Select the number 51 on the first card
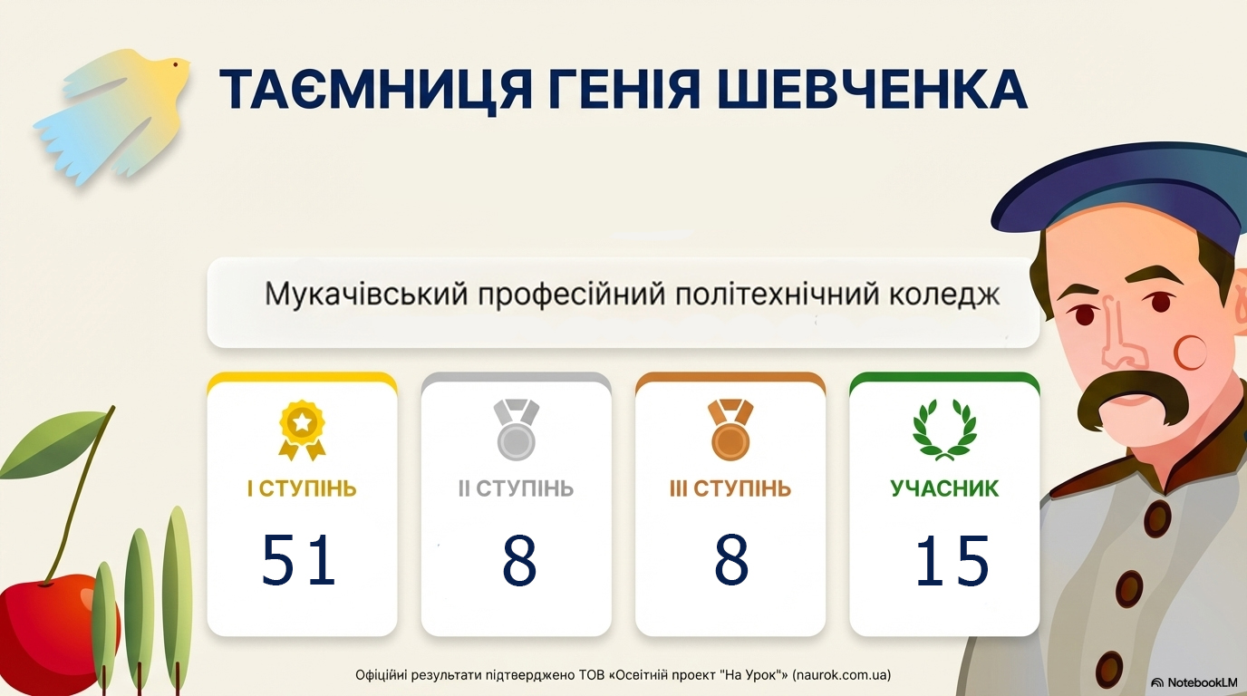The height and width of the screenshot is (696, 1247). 299,559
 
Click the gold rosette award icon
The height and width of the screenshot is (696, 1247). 302,430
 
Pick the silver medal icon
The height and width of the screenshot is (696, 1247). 516,430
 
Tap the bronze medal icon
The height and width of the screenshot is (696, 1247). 730,430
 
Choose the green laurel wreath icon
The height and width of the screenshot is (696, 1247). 944,430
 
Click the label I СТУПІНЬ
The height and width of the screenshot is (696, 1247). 303,488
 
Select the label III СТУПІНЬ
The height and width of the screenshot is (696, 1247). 730,488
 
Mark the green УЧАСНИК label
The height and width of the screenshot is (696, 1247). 944,488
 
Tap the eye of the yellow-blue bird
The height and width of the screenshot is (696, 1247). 176,65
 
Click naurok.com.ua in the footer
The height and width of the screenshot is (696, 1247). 841,675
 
